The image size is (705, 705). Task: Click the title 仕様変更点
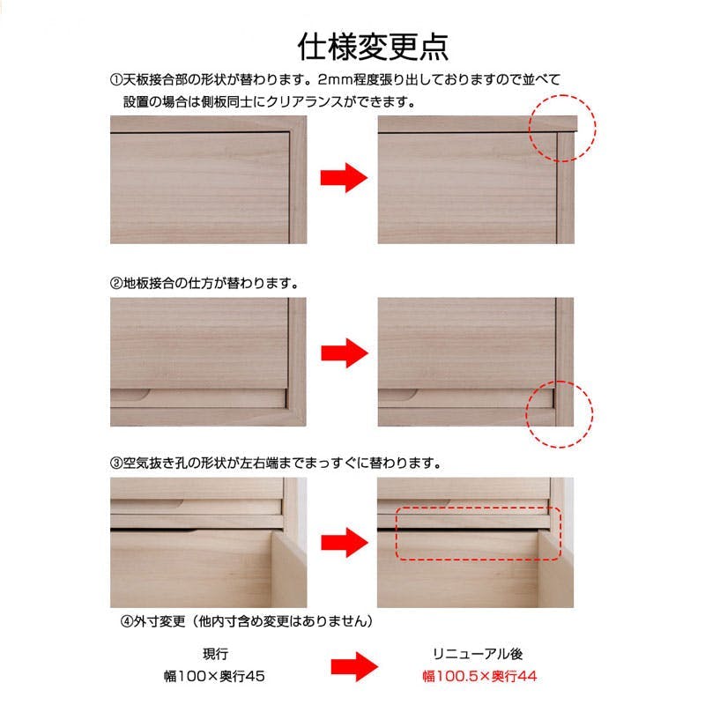coord(373,47)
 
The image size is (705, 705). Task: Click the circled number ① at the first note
coord(116,79)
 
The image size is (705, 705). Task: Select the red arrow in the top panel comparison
coord(344,178)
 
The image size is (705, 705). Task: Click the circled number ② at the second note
coord(116,283)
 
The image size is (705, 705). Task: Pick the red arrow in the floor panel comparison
coord(345,353)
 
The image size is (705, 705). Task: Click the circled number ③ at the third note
coord(116,463)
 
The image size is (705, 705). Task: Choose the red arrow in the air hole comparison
coord(345,542)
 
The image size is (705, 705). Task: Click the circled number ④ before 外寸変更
coord(126,621)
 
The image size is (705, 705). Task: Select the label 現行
coord(215,654)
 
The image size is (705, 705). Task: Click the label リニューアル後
coord(478,654)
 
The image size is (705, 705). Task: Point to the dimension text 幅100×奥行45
coord(214,676)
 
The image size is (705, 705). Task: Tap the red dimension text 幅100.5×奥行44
coord(479,676)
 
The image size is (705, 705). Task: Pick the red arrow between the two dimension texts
coord(354,667)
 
